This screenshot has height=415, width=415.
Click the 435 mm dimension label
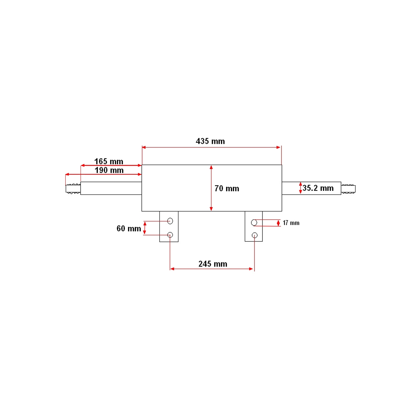[210, 141]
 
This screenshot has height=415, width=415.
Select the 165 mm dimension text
[109, 162]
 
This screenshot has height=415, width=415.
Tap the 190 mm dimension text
[109, 170]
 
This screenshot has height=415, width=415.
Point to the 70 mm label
[227, 188]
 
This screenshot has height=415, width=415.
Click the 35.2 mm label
[318, 188]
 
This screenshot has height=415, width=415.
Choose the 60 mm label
[129, 229]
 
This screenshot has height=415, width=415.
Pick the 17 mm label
[291, 223]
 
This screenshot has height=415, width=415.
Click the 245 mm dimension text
[213, 264]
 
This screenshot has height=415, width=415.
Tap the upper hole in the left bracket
[170, 221]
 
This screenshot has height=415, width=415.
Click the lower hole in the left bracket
[170, 235]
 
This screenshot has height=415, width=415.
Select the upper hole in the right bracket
[254, 222]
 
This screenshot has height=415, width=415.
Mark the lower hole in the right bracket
[255, 235]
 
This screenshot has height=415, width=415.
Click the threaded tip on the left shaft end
[73, 189]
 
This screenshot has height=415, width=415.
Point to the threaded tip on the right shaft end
[348, 189]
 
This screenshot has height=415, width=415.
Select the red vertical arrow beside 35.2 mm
[300, 188]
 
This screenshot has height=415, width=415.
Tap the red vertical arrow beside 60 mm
[145, 228]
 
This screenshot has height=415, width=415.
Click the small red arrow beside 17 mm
[278, 223]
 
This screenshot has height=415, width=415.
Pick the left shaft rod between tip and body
[111, 188]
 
